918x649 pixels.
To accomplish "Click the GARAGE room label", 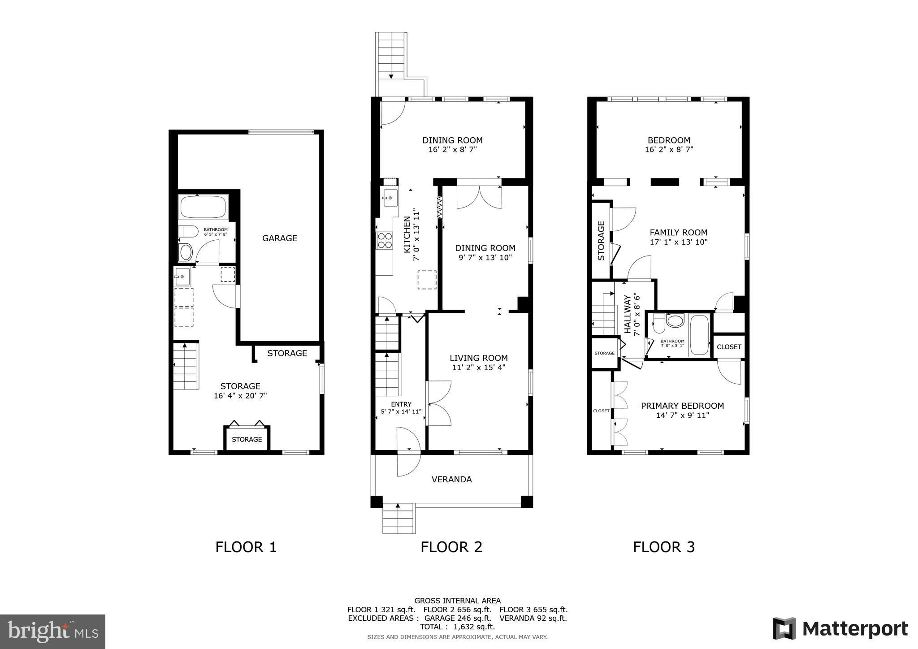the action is [x=280, y=238].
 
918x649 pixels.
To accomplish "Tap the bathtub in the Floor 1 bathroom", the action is [x=203, y=207].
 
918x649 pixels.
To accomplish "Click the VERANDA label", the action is [x=451, y=480].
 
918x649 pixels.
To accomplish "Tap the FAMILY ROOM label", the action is [x=679, y=233].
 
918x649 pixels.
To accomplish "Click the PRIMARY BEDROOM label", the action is [x=682, y=406].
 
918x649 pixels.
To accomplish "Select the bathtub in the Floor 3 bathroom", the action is [x=699, y=335].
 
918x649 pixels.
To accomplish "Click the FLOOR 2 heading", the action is [x=451, y=547].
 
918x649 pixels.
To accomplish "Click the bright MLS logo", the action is [x=53, y=631].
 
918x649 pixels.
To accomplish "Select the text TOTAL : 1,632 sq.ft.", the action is [x=457, y=627].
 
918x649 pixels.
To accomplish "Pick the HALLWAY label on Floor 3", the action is [x=628, y=314].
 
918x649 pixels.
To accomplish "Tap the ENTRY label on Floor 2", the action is [x=401, y=404].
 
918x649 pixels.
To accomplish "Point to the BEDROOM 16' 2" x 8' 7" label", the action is [x=669, y=145].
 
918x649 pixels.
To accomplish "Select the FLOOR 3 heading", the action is [x=664, y=547].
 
